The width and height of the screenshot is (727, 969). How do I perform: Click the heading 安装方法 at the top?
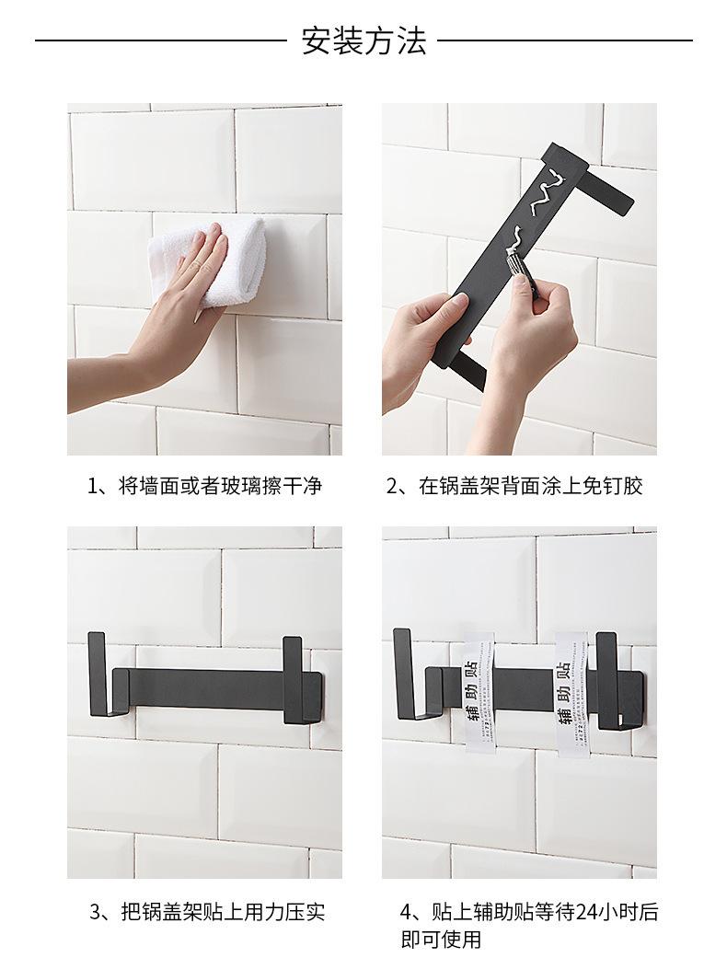[x=363, y=40]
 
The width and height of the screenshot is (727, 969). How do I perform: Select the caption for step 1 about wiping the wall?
[x=204, y=486]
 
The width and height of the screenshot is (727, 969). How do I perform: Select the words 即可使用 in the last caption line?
[x=441, y=940]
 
